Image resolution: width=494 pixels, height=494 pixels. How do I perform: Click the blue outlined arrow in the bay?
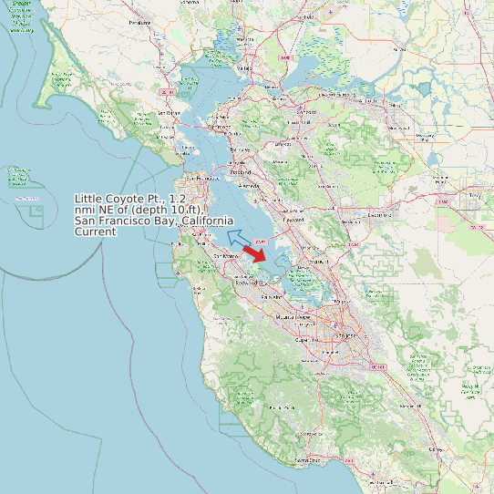[239, 240]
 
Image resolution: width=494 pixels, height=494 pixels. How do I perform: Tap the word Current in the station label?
[96, 232]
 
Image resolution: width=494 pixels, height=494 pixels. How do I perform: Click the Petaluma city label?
[139, 21]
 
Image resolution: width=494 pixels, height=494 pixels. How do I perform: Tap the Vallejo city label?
[244, 68]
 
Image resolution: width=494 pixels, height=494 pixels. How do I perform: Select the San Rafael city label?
[170, 112]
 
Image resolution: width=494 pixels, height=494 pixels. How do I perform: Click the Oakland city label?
[240, 171]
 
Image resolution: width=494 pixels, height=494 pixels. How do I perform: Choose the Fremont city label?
[294, 220]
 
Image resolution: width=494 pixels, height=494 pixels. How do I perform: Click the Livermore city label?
[379, 216]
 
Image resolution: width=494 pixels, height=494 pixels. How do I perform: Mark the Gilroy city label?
[436, 449]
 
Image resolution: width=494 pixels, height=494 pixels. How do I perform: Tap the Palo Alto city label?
[271, 297]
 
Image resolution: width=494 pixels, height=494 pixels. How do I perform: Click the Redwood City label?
[249, 283]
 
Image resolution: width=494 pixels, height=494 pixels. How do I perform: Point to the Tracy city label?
[473, 194]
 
